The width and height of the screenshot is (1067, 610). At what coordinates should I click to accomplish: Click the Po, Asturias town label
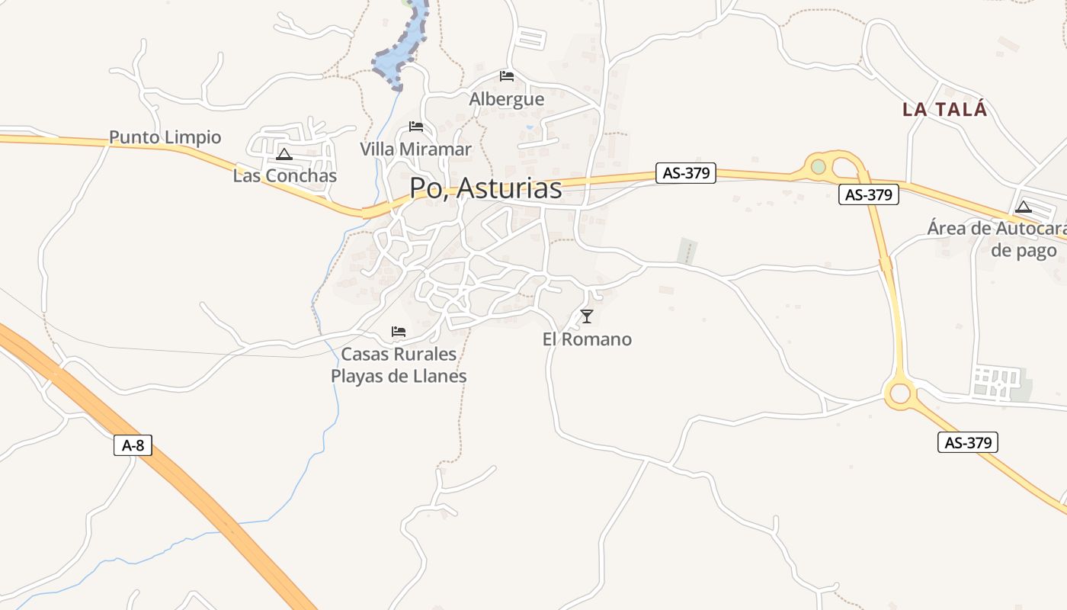(x=485, y=188)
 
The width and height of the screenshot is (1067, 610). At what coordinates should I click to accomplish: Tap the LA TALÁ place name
(x=944, y=109)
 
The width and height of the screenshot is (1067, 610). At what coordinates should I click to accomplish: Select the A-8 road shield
(x=133, y=445)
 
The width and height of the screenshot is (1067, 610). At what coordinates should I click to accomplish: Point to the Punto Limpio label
(x=165, y=137)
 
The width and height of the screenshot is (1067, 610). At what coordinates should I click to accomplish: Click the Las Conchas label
(x=284, y=176)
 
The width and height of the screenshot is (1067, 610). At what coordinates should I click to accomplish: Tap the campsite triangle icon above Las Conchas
(x=284, y=155)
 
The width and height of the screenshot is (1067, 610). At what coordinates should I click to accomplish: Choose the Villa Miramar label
(x=415, y=149)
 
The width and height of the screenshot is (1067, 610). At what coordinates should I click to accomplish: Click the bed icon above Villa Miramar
(x=415, y=127)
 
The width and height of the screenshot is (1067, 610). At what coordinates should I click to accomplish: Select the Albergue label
(x=507, y=99)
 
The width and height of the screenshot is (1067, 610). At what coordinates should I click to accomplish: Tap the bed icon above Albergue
(x=507, y=76)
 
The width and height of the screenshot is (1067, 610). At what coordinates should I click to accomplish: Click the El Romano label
(x=587, y=339)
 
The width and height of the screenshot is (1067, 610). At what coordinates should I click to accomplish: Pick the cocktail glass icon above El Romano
(x=586, y=316)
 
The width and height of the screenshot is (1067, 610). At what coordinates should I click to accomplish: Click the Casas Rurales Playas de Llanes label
(x=399, y=365)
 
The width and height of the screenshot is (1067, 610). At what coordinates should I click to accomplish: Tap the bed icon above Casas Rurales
(x=398, y=332)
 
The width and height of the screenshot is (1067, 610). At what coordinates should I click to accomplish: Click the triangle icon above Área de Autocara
(x=1023, y=207)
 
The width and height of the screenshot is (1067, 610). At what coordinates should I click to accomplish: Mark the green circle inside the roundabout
(x=819, y=166)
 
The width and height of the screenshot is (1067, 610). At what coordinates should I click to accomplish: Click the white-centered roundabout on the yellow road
(x=900, y=393)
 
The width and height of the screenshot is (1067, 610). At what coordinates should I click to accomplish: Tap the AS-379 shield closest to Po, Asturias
(x=686, y=173)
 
